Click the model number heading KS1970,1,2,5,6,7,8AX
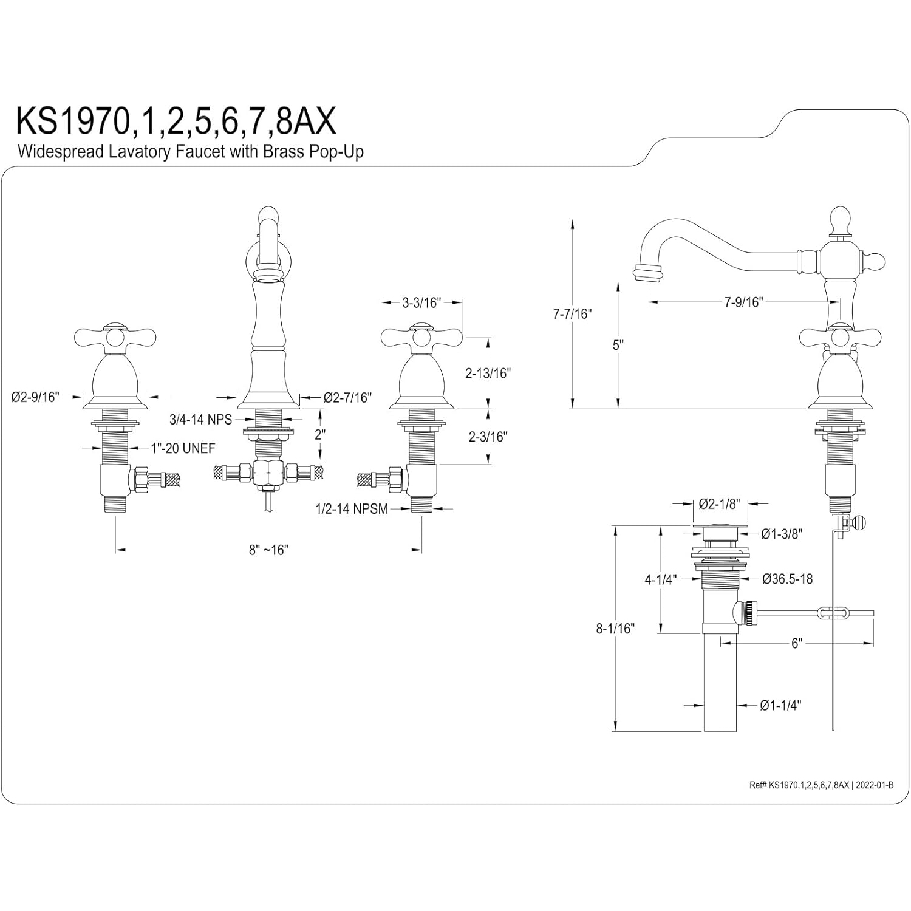(176, 121)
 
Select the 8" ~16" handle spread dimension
(268, 550)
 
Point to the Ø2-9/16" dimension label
(36, 397)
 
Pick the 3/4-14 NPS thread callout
(201, 420)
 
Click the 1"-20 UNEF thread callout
(183, 448)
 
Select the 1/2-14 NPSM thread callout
(352, 509)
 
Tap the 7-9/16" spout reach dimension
(743, 302)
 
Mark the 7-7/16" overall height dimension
(572, 314)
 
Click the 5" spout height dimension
(618, 345)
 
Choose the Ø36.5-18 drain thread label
(788, 579)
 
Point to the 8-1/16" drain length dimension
(615, 629)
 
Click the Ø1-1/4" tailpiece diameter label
(780, 705)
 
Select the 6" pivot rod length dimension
(797, 643)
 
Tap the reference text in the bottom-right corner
(821, 785)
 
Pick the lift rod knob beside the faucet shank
(860, 522)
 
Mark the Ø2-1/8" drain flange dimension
(719, 503)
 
